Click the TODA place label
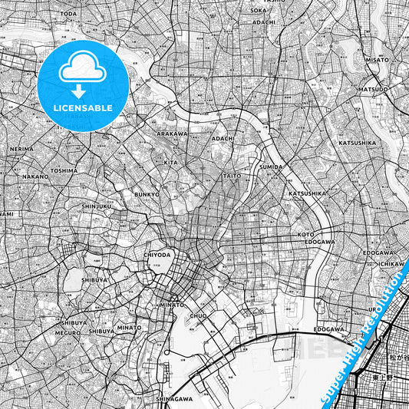[68, 14]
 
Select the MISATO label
[378, 59]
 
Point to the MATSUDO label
[373, 89]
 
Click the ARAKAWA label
[172, 134]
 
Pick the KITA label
[170, 163]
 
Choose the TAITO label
[231, 176]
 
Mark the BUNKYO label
[146, 195]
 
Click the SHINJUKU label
[97, 206]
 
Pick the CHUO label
[197, 315]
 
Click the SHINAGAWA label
[174, 399]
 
